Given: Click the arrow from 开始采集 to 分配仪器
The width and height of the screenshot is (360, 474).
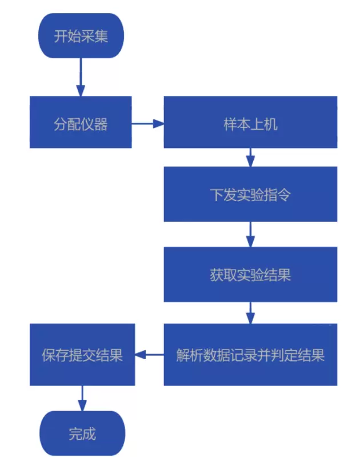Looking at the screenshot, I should pyautogui.click(x=81, y=77).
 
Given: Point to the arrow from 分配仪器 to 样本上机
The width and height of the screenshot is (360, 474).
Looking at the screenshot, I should pyautogui.click(x=147, y=123).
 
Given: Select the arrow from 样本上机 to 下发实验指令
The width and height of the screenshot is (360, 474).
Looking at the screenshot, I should pyautogui.click(x=250, y=157).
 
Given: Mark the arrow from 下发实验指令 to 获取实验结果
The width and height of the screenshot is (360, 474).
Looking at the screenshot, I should pyautogui.click(x=250, y=234).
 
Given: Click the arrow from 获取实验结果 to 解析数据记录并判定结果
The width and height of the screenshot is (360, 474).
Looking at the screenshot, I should pyautogui.click(x=250, y=313).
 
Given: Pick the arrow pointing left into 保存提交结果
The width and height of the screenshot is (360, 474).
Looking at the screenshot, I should pyautogui.click(x=149, y=355).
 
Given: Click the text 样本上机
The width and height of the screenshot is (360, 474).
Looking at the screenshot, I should pyautogui.click(x=250, y=123).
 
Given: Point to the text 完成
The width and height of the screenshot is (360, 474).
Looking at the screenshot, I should pyautogui.click(x=82, y=434).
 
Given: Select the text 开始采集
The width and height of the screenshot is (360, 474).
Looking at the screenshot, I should pyautogui.click(x=81, y=37).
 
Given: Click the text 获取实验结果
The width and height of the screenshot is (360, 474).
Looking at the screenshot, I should pyautogui.click(x=250, y=275).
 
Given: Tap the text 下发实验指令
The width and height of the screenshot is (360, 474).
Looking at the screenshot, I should pyautogui.click(x=250, y=195).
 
